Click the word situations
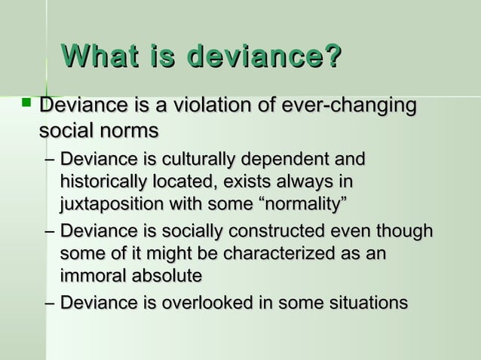(364, 304)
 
